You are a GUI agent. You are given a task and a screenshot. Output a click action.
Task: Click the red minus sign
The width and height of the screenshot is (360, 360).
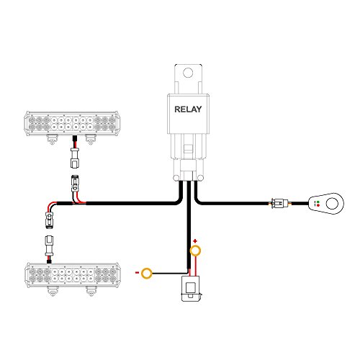point(137,274)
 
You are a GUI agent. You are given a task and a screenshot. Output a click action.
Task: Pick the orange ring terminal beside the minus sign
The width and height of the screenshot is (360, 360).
point(148,274)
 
